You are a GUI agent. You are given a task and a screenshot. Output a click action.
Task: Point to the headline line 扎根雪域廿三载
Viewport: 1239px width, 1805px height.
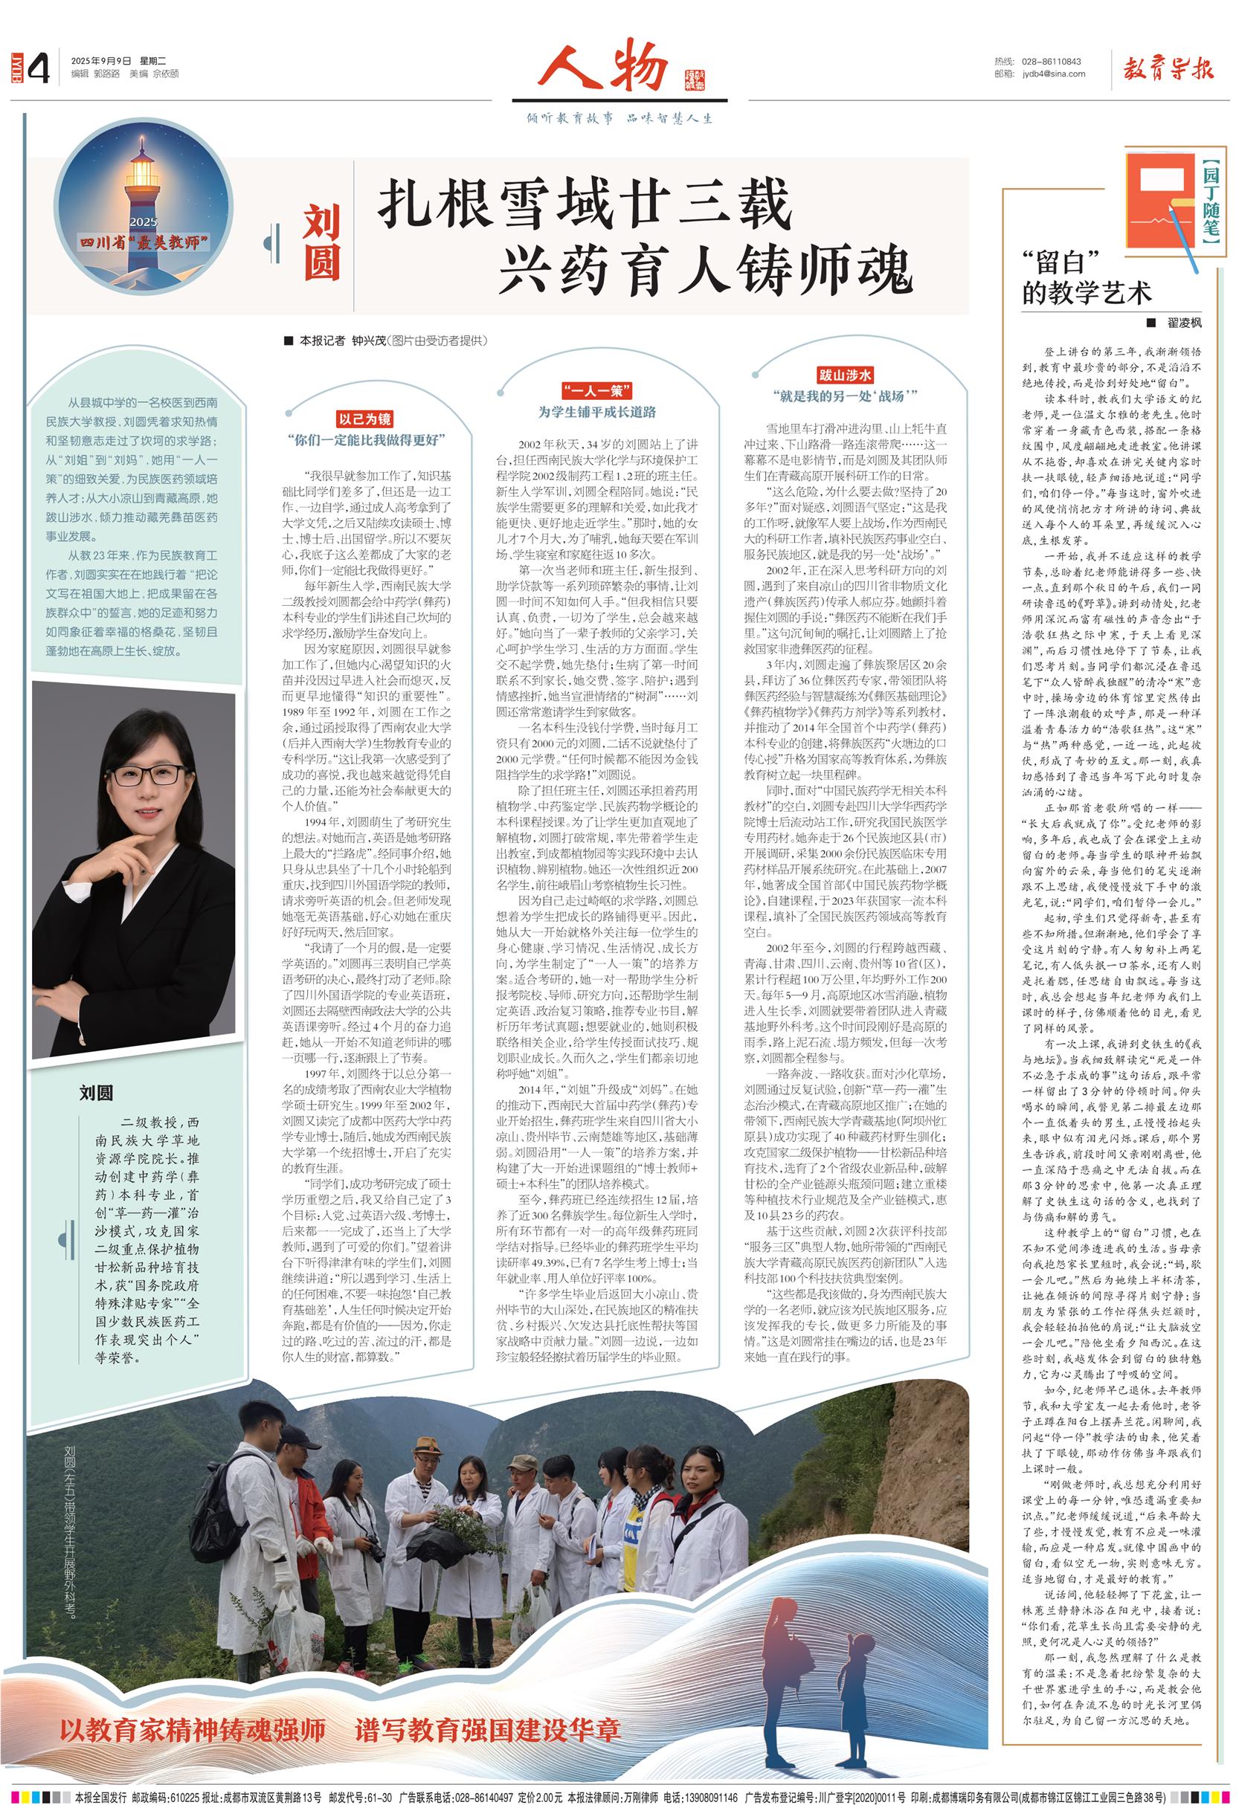[x=584, y=204]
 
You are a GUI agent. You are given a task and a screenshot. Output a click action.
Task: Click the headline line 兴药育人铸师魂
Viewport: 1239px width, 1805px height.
[x=704, y=268]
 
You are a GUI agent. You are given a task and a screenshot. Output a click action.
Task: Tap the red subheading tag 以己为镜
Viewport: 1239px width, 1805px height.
[x=364, y=419]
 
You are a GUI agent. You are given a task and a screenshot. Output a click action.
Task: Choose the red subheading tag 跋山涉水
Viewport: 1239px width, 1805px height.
[x=843, y=375]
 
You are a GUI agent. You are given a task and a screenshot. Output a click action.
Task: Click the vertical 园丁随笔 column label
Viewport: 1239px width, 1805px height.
[x=1210, y=202]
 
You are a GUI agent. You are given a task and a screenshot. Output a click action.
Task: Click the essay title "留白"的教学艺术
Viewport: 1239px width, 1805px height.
[x=1086, y=277]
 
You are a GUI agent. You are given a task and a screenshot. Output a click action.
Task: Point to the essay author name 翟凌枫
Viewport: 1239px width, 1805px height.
[x=1184, y=322]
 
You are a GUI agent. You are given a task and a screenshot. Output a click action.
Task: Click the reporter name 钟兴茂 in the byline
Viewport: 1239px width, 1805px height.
[x=369, y=340]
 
